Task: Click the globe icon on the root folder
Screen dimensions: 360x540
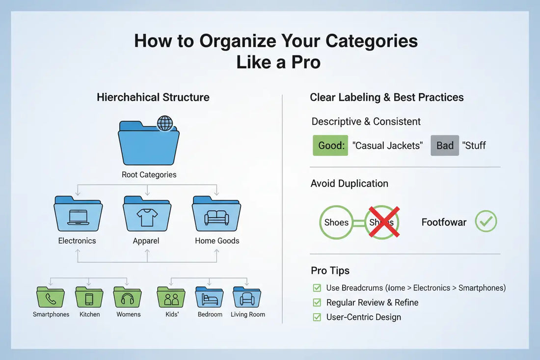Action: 164,123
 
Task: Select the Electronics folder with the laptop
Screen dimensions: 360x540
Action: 78,215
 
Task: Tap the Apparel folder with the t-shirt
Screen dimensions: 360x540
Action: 147,215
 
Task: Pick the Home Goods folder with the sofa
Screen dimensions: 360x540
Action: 216,215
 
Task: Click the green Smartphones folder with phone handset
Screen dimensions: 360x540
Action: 51,298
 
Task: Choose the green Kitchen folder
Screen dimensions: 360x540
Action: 89,298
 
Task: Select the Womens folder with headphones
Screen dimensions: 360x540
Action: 128,298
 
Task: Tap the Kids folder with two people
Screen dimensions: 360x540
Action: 171,298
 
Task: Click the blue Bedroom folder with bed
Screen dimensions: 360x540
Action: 210,298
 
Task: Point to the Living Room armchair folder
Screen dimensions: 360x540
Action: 247,298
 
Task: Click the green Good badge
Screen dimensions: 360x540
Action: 330,146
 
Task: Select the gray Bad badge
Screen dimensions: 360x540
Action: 445,146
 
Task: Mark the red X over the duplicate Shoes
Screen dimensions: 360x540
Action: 382,222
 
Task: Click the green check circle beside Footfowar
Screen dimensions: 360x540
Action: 486,222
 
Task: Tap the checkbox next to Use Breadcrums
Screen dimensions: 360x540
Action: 317,288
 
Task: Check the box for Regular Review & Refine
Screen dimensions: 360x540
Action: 317,303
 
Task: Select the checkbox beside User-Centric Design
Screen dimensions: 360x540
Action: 317,317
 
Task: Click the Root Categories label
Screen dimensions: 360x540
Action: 149,174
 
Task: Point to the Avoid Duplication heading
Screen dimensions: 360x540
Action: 349,184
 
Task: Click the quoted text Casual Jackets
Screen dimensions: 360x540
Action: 387,146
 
